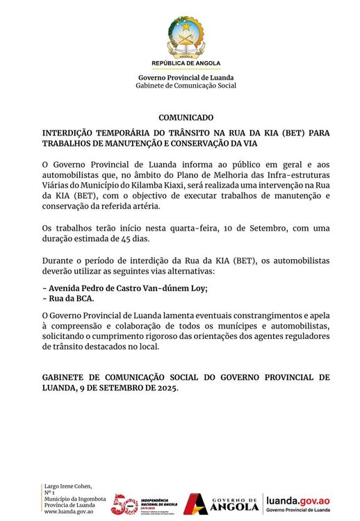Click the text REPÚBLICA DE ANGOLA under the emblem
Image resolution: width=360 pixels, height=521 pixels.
(186, 63)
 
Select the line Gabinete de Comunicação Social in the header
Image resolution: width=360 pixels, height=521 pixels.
(186, 85)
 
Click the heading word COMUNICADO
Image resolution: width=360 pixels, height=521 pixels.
(186, 118)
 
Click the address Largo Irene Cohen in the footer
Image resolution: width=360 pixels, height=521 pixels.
(68, 486)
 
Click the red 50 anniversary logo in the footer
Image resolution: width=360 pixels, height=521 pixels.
(125, 504)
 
